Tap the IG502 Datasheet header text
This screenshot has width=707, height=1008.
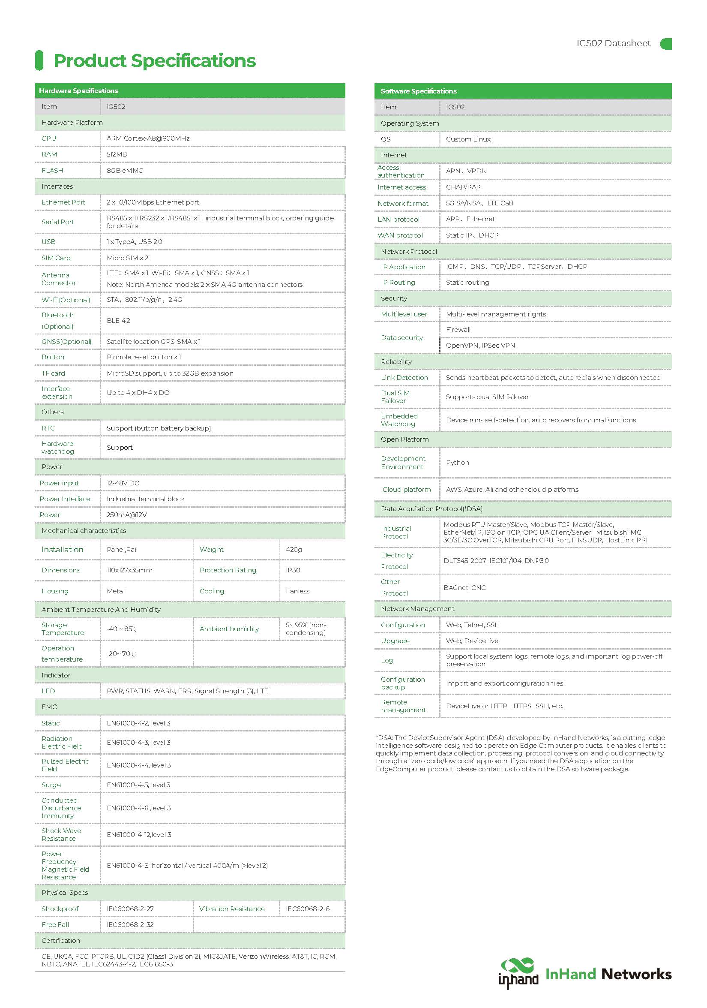coord(613,43)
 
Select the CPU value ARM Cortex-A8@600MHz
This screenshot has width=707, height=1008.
coord(148,138)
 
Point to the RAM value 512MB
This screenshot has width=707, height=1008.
coord(117,154)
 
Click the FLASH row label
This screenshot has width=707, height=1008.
coord(52,170)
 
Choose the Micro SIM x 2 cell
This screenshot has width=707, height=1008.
coord(128,258)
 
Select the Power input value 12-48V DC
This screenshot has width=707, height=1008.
coord(123,483)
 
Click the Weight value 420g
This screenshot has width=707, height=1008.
coord(294,549)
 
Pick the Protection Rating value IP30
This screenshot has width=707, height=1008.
coord(293,570)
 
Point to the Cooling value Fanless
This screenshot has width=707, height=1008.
coord(297,591)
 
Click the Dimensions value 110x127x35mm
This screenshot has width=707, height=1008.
coord(129,570)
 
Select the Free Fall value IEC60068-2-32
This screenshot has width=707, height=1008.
coord(130,924)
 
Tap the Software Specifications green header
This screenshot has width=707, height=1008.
coord(419,91)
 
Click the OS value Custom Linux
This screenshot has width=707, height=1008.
coord(468,139)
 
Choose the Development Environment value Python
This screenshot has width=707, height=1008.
coord(457,462)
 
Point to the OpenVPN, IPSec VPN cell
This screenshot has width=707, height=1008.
coord(480,345)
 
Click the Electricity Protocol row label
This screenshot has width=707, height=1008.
coord(397,561)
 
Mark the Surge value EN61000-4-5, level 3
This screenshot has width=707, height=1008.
coord(139,785)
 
